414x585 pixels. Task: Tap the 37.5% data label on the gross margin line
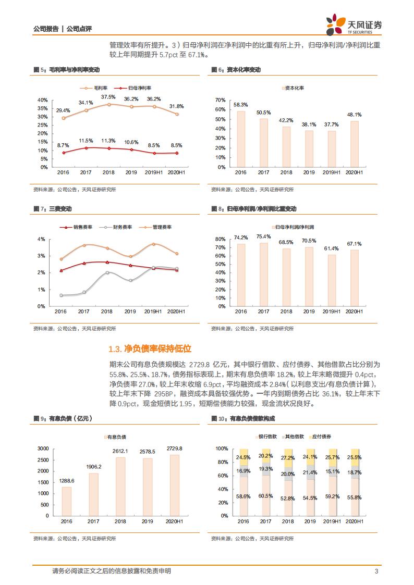pyautogui.click(x=108, y=97)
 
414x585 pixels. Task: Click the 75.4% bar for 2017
pyautogui.click(x=264, y=275)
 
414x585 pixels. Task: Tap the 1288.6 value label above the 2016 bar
pyautogui.click(x=66, y=481)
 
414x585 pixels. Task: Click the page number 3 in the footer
pyautogui.click(x=376, y=571)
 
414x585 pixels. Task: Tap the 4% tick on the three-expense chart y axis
pyautogui.click(x=42, y=239)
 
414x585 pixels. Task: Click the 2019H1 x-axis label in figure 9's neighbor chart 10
pyautogui.click(x=332, y=521)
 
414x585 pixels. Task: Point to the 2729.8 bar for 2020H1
pyautogui.click(x=174, y=484)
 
